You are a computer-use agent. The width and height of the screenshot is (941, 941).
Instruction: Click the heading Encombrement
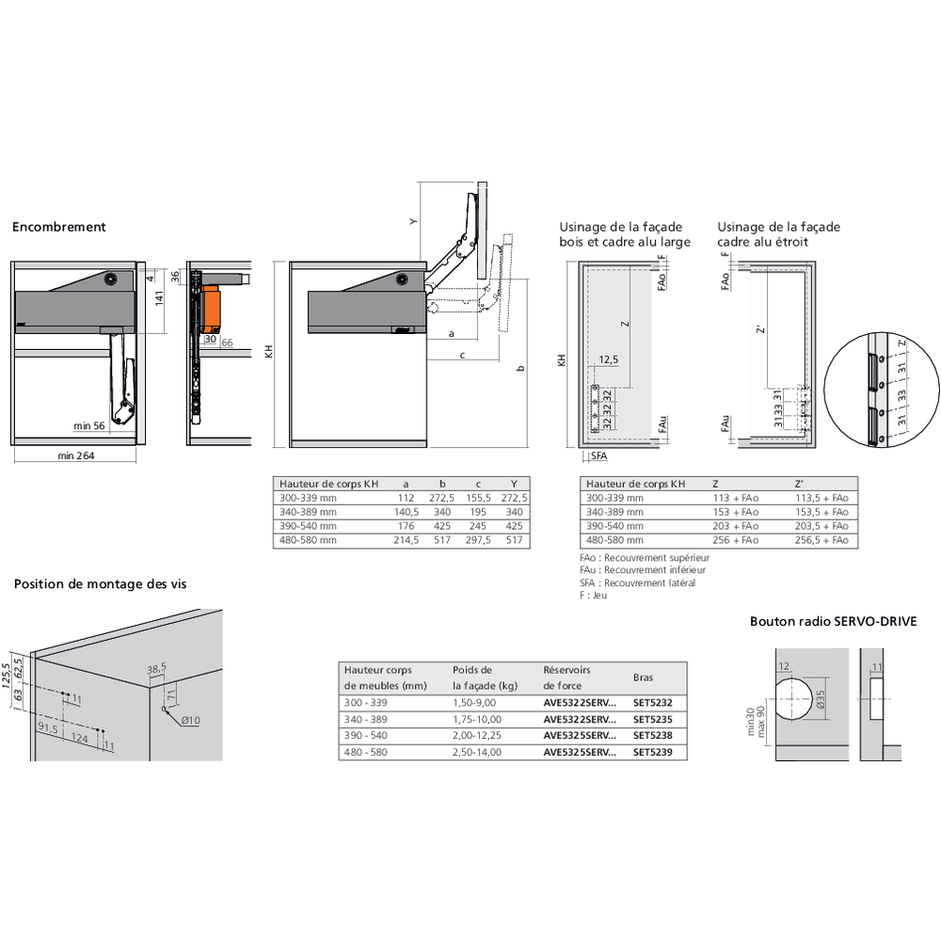tap(58, 227)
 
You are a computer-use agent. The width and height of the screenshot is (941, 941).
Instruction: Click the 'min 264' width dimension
tap(76, 456)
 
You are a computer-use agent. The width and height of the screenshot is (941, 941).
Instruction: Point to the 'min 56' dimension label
tap(90, 426)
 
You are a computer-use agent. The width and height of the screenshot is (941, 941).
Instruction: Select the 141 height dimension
tap(160, 298)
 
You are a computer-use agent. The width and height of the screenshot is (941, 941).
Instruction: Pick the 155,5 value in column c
tap(479, 497)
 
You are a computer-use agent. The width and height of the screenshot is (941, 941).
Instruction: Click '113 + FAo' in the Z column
tap(737, 498)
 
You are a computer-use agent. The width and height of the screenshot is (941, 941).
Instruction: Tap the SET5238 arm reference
tap(653, 735)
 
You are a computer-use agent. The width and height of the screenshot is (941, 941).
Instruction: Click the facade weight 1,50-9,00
tap(475, 702)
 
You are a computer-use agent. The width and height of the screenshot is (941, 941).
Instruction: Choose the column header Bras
tap(643, 678)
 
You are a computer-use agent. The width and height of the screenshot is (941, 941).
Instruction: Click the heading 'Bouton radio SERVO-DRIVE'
tap(833, 622)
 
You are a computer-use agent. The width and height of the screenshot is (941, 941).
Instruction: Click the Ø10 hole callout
tap(191, 721)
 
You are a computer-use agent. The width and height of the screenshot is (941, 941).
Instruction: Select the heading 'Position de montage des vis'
tap(100, 584)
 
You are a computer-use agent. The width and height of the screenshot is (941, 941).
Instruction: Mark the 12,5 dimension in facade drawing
tap(609, 359)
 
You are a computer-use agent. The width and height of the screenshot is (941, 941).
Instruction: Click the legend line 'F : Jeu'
tap(595, 596)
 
